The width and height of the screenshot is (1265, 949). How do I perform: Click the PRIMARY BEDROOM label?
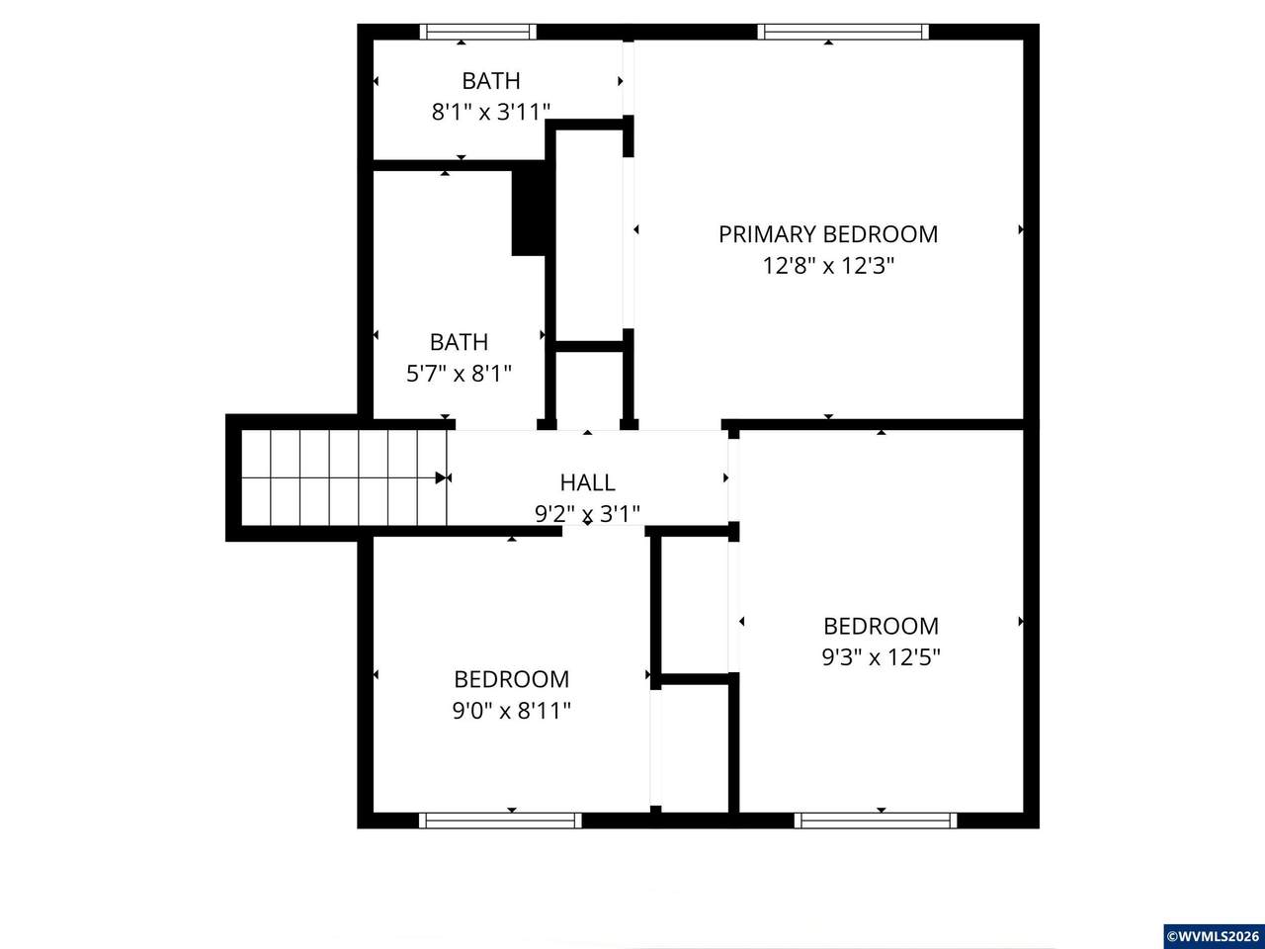(828, 234)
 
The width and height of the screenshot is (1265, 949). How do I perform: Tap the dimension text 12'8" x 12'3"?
(828, 266)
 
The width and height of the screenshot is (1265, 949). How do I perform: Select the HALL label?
(587, 482)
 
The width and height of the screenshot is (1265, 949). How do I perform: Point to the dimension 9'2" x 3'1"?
(587, 513)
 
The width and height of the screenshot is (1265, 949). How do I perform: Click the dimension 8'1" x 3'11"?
(490, 112)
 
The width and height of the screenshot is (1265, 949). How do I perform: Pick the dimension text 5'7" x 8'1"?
(459, 374)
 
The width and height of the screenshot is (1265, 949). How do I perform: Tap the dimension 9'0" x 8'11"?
(511, 711)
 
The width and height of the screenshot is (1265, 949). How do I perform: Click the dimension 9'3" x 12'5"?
(881, 656)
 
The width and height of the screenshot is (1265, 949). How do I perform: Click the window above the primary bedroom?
(843, 32)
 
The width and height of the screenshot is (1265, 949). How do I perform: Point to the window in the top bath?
(477, 32)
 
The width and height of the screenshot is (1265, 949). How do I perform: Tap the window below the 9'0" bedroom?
(500, 820)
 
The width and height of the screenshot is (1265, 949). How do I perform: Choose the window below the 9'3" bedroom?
(876, 820)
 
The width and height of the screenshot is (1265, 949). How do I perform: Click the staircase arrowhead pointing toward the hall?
(442, 477)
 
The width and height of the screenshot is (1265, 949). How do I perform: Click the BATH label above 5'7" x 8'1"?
(459, 342)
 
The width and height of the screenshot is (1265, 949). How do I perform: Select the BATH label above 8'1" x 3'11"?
(491, 81)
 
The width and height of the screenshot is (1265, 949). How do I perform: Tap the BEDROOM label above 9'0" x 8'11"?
(511, 679)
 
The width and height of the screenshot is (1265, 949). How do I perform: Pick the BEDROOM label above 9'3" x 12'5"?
(881, 626)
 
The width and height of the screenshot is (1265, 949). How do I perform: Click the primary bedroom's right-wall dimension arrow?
(1021, 229)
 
